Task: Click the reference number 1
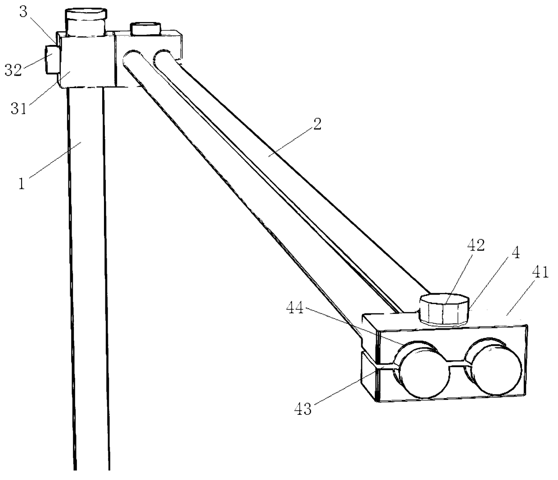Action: click(21, 184)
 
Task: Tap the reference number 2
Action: click(317, 124)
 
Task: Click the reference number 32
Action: click(13, 71)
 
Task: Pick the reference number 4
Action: click(516, 253)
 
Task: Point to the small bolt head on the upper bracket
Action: click(145, 29)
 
